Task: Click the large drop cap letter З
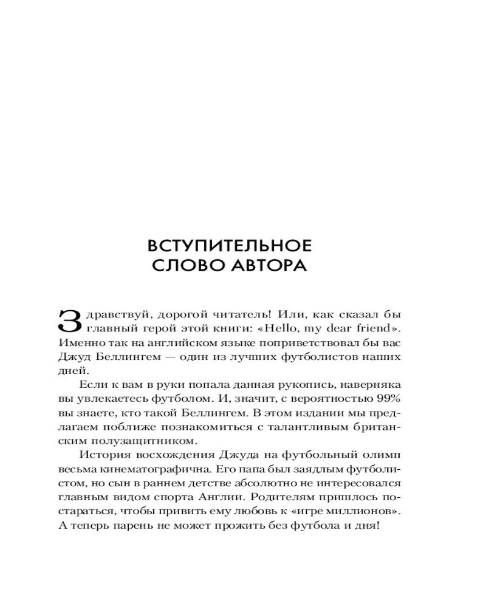coord(69,321)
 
